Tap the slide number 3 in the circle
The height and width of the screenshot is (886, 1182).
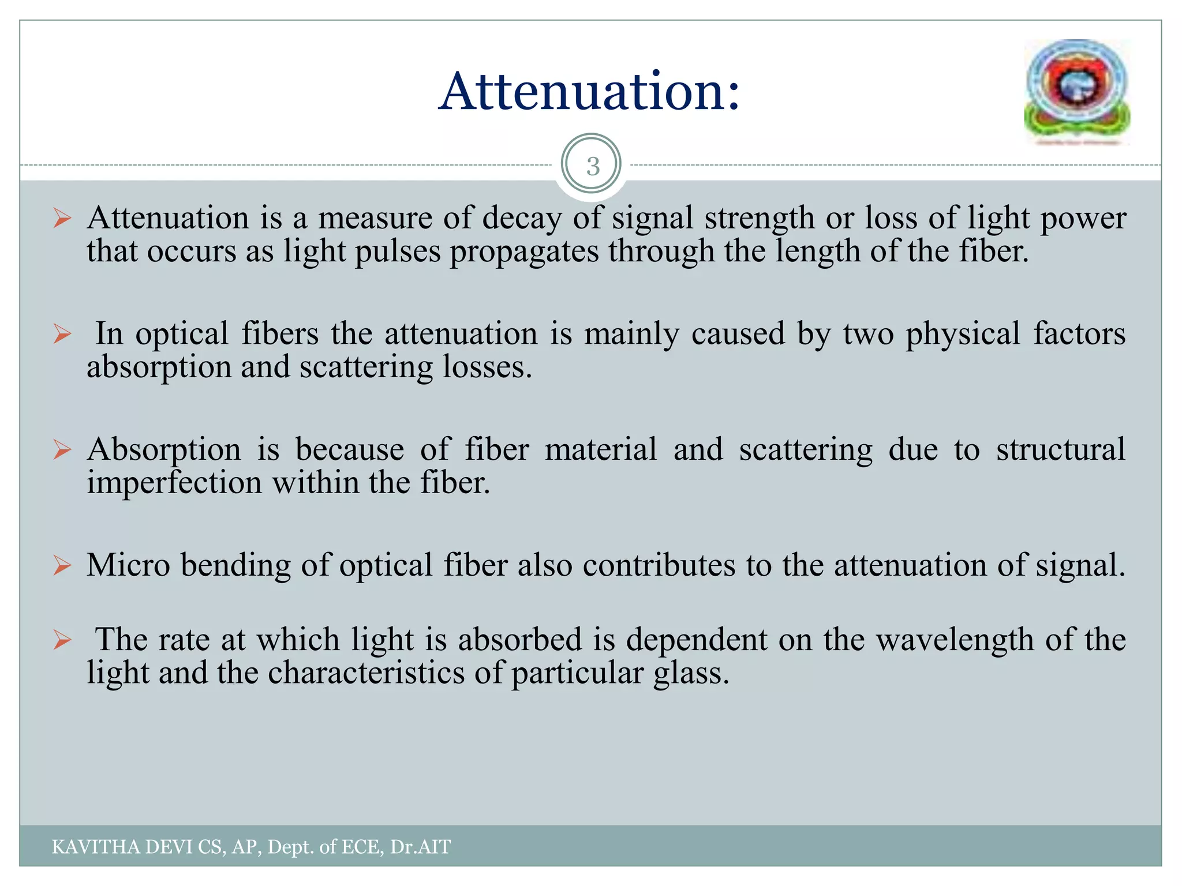tap(592, 166)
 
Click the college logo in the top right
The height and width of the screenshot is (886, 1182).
tap(1077, 92)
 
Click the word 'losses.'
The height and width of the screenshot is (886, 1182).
tap(487, 367)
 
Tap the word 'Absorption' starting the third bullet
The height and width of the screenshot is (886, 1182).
tap(164, 449)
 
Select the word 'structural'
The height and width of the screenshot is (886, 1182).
tap(1060, 449)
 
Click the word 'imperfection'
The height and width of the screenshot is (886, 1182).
tap(174, 483)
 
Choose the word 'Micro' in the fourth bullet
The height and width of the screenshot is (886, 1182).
tap(128, 565)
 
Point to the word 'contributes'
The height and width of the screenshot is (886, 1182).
tap(659, 565)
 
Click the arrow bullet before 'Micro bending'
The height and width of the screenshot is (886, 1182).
tap(62, 565)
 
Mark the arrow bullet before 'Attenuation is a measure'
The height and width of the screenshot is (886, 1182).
tap(62, 219)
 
